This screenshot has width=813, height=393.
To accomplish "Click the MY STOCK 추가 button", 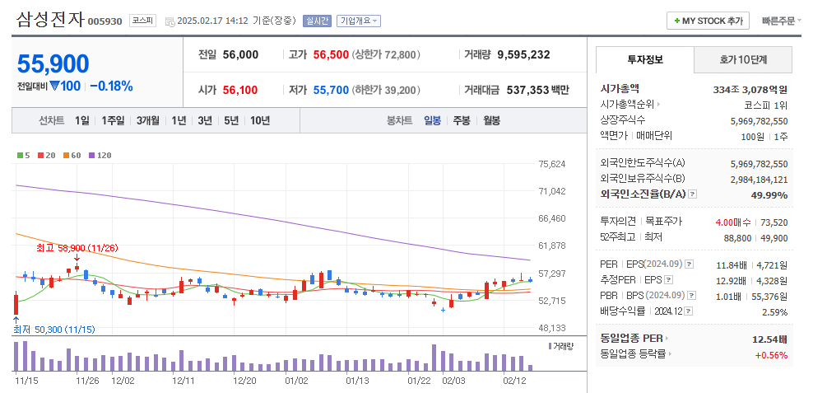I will click(708, 21).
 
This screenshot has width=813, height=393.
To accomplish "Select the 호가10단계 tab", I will click(743, 59).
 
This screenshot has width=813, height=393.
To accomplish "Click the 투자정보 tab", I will click(644, 59).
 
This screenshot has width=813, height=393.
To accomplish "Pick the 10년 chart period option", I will click(259, 120).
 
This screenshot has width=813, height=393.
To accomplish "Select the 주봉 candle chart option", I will click(461, 120).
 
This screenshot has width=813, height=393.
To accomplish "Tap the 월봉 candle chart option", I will click(491, 120).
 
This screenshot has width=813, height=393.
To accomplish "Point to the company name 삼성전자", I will click(49, 20).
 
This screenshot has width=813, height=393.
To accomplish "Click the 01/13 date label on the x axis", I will click(357, 381).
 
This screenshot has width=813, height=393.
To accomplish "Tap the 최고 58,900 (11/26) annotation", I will click(77, 247).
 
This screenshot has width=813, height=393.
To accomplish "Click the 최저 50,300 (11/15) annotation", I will click(53, 329).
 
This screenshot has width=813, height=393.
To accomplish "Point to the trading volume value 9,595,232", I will click(523, 54).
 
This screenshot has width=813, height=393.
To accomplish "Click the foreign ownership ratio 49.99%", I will click(769, 195).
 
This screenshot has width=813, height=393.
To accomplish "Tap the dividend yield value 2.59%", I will click(774, 312).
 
